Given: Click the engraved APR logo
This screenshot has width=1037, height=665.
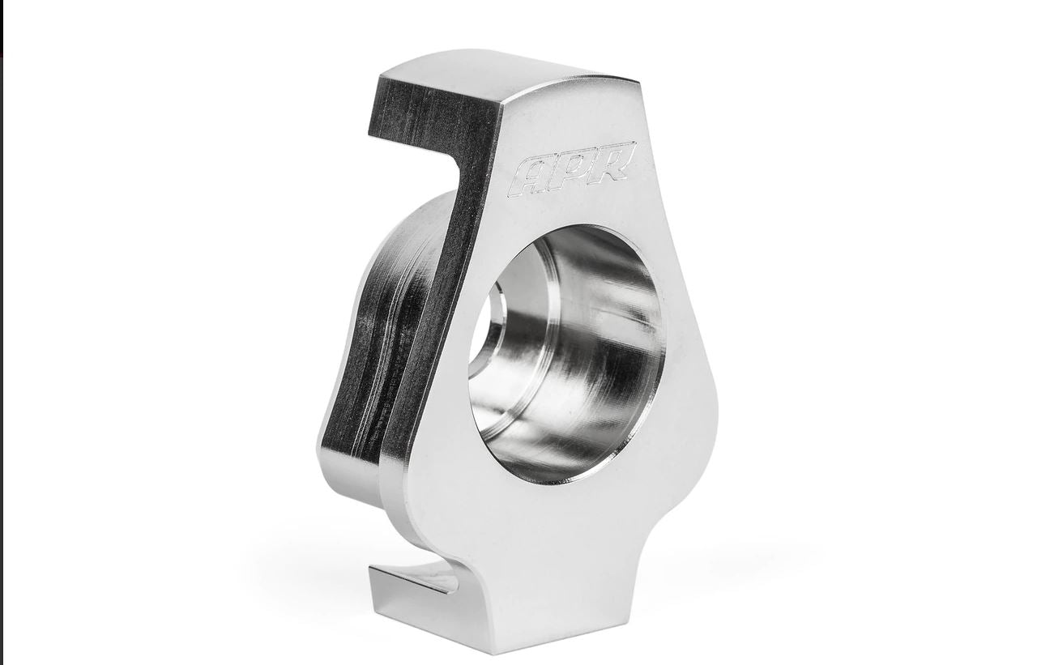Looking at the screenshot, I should coord(574,169).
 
